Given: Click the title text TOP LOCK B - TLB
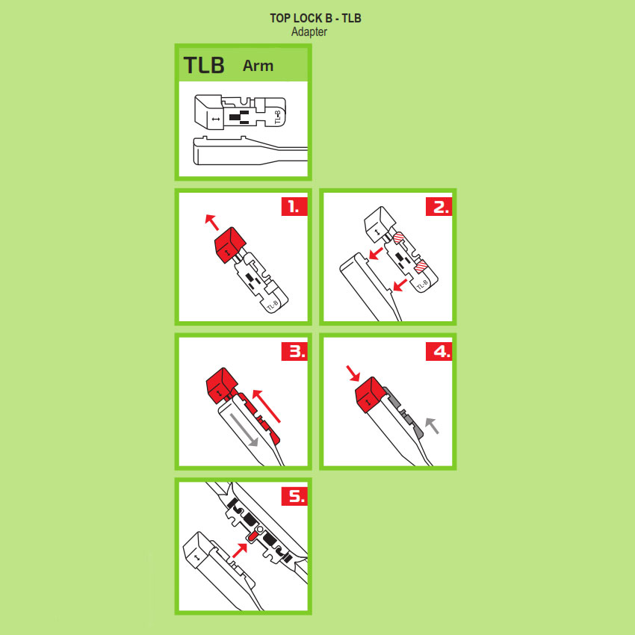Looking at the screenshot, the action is tap(315, 18).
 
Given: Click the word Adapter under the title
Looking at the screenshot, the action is tap(309, 32).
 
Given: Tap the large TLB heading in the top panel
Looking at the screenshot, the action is tap(204, 65).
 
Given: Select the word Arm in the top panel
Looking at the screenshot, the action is tap(258, 66).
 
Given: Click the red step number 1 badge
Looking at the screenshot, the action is tap(294, 206).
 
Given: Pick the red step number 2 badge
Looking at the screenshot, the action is tap(439, 206).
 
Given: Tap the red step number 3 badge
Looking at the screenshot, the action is tap(294, 351).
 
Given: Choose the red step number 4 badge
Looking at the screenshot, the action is tap(439, 351).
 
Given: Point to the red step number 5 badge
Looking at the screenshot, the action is tap(294, 496).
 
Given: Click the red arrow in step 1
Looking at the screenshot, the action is tap(212, 222).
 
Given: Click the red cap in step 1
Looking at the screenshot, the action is tap(229, 244).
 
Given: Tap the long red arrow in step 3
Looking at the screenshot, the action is tap(266, 406).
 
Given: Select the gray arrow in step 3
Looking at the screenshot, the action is tap(244, 430).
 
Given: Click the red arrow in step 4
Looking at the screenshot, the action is tap(353, 374).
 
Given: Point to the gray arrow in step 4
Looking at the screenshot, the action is tap(432, 426).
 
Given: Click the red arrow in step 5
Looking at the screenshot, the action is tap(240, 551).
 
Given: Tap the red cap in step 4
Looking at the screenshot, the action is tap(370, 395).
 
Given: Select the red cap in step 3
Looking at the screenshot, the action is tap(222, 385).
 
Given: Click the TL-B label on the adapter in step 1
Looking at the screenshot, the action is tap(273, 306).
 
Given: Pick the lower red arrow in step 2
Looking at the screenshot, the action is tap(400, 285).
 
